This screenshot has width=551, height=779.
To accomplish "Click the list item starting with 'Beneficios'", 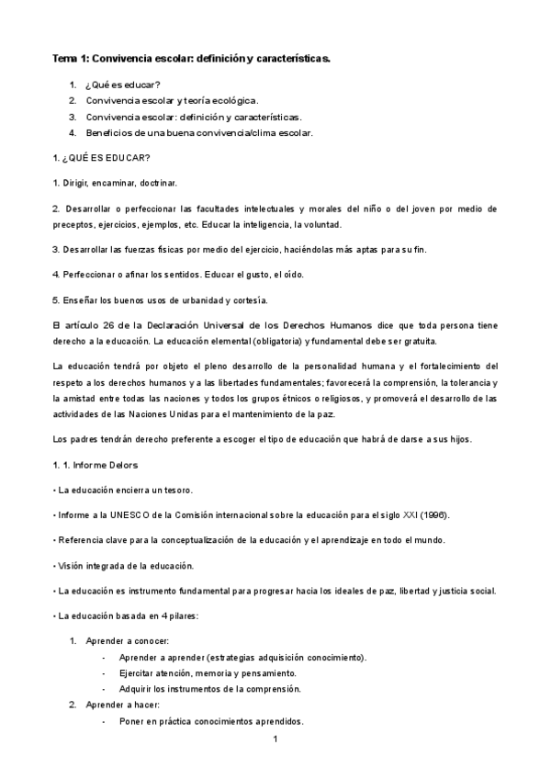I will [x=199, y=133].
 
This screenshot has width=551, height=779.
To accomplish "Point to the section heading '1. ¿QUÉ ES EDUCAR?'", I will [x=102, y=157].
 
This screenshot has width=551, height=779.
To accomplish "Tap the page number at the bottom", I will [x=275, y=738].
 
